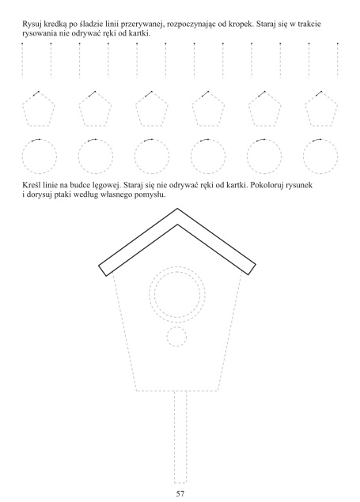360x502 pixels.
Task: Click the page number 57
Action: point(180,493)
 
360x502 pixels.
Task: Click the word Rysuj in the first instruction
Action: point(31,25)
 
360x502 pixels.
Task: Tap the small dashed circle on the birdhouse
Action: point(176,337)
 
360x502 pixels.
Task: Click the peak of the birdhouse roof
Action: point(177,209)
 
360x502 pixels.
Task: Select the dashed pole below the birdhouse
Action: point(180,437)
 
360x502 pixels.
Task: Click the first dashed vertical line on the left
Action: point(22,61)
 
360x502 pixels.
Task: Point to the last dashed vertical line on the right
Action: point(338,61)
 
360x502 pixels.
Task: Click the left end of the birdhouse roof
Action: point(102,270)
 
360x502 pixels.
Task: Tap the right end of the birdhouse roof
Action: point(252,270)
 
